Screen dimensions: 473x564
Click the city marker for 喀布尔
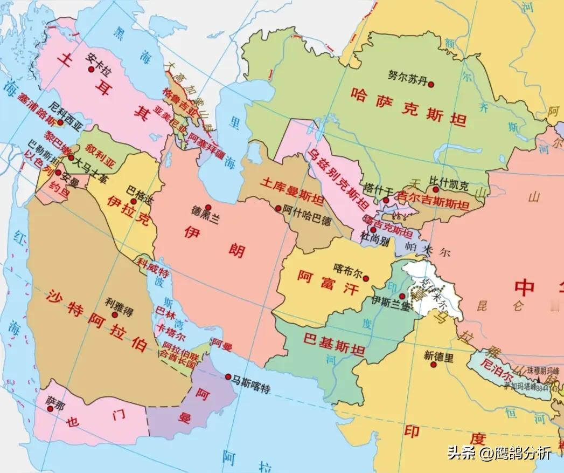point(366,279)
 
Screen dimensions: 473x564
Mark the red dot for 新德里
point(433,365)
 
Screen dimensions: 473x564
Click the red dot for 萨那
point(50,409)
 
